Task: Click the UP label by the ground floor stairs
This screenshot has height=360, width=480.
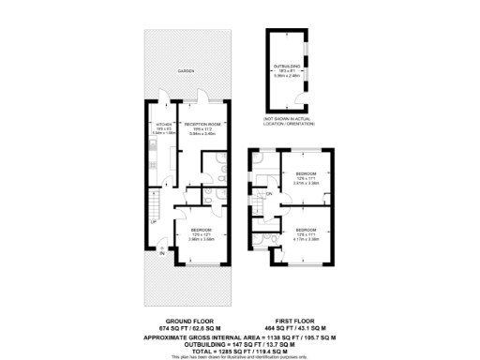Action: pyautogui.click(x=155, y=222)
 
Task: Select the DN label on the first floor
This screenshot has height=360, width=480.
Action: pyautogui.click(x=268, y=194)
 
